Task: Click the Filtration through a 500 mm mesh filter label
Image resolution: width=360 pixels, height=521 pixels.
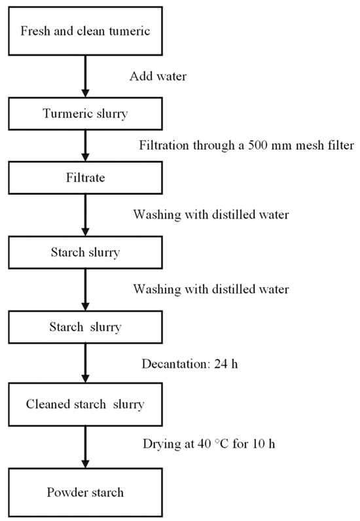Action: pos(246,144)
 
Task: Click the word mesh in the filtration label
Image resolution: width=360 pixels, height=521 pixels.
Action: pos(304,144)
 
